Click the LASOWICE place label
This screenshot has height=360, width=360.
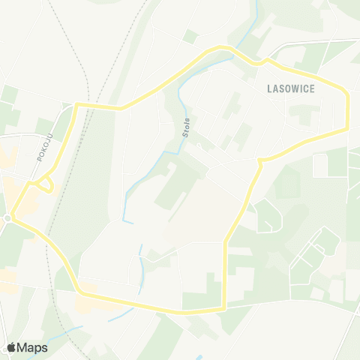tap(292, 88)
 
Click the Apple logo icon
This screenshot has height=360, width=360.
tap(11, 347)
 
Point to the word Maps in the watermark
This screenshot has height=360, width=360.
tap(32, 347)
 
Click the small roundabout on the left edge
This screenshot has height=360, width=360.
tap(7, 217)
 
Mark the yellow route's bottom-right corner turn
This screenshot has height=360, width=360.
tap(224, 307)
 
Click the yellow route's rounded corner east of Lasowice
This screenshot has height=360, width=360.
tap(346, 94)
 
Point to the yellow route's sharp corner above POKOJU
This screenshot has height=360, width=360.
tap(76, 106)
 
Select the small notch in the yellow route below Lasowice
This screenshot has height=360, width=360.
tap(259, 160)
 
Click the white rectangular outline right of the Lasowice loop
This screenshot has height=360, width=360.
tap(320, 165)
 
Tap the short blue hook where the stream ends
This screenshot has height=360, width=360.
tap(127, 221)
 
